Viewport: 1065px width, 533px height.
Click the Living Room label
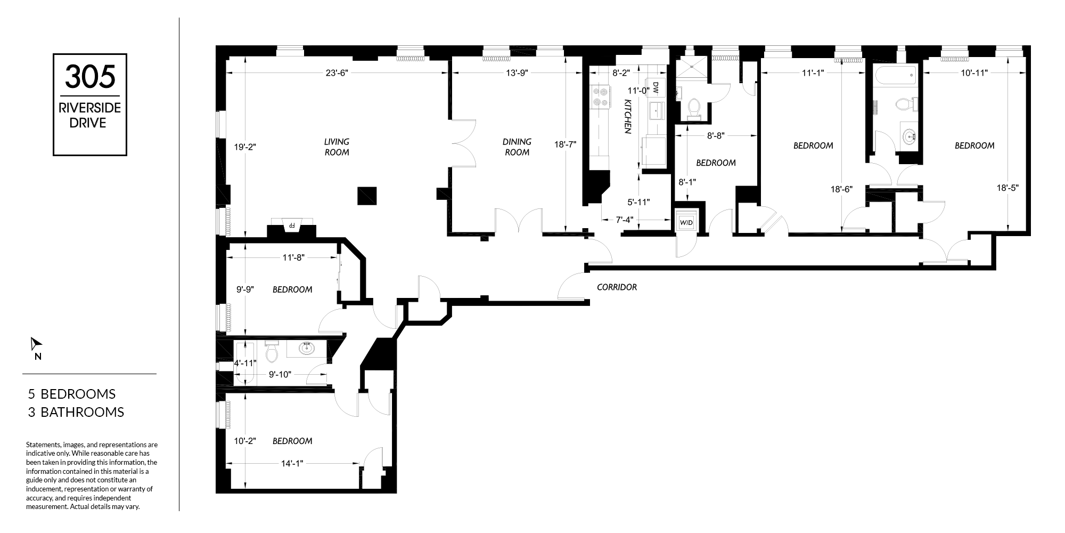(x=337, y=147)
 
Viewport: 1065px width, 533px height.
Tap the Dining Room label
(x=517, y=147)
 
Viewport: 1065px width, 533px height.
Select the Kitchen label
(x=628, y=116)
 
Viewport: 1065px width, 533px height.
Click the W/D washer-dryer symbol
(x=686, y=222)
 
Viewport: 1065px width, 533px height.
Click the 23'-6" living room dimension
(x=336, y=74)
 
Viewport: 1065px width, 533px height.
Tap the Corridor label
(x=617, y=287)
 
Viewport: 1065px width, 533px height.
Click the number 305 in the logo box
(x=90, y=77)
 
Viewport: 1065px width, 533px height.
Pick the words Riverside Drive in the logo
(x=90, y=116)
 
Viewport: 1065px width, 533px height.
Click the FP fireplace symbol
(x=291, y=226)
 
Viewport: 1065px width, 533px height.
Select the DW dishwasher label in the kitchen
(x=656, y=87)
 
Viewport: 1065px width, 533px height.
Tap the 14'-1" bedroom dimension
(x=292, y=464)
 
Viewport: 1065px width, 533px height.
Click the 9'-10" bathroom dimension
(x=280, y=374)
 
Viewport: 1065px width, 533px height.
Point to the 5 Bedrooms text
(x=72, y=394)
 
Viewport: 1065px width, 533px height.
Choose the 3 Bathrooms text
(x=76, y=412)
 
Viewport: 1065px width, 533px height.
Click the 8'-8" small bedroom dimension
(x=716, y=136)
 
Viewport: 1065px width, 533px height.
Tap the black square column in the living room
(x=367, y=196)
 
